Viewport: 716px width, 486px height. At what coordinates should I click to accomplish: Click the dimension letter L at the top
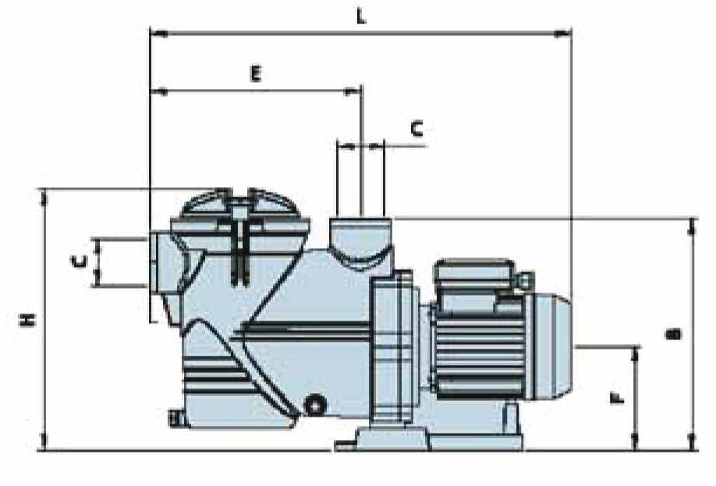coord(361,17)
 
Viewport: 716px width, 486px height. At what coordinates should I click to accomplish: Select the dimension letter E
coord(256,73)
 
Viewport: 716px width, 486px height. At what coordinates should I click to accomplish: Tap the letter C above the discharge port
coord(416,129)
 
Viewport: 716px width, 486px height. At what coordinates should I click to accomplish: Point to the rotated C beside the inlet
coord(79,261)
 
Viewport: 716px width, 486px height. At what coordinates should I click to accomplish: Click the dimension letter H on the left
coord(27,319)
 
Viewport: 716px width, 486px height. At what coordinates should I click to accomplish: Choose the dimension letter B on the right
coord(673,335)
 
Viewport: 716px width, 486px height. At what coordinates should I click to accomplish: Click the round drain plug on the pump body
coord(315,404)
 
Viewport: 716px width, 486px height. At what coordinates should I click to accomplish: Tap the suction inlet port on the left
coord(161,263)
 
